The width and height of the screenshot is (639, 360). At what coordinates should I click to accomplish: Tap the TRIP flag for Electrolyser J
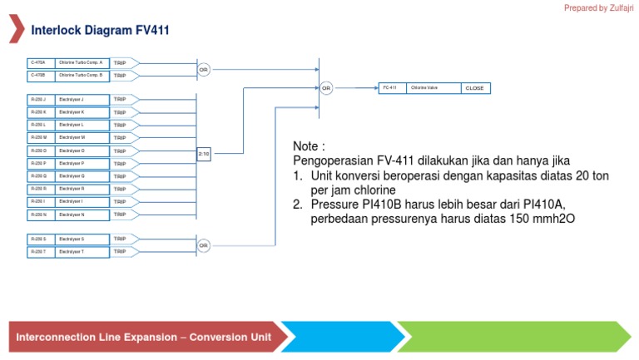121,99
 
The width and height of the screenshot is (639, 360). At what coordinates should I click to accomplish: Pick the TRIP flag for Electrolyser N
121,215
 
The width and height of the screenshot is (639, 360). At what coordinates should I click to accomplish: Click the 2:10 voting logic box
204,154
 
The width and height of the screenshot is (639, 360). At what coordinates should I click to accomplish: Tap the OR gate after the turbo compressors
204,70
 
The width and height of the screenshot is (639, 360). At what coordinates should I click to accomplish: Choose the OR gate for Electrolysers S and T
204,245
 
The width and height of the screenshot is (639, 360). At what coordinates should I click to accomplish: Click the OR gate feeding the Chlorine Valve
326,87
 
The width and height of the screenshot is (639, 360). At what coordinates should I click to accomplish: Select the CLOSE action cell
474,88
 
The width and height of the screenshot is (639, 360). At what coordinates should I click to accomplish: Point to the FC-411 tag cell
390,87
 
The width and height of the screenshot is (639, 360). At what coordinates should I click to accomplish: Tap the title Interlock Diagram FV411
100,30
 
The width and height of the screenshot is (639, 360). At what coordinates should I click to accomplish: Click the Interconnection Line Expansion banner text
143,338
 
